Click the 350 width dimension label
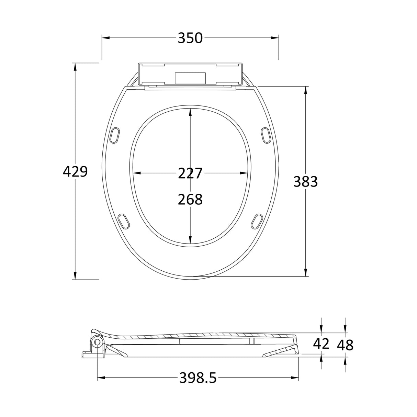point(190,38)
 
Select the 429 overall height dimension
point(75,171)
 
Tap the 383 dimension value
point(305,182)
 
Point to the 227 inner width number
point(190,173)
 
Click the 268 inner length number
point(190,199)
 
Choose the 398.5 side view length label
point(198,378)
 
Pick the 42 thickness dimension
point(321,344)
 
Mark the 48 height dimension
point(345,345)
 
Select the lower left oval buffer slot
point(124,221)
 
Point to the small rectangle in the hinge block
point(190,78)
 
